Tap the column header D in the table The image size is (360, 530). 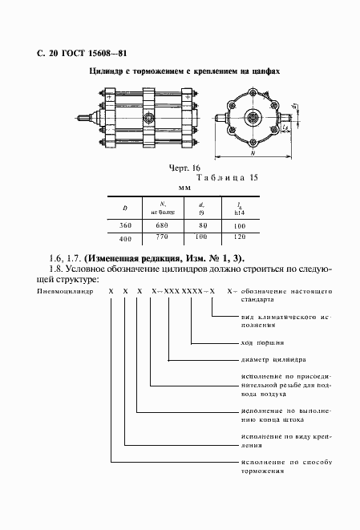[x=124, y=209]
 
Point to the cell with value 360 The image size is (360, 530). [x=124, y=227]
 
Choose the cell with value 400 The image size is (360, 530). [x=124, y=239]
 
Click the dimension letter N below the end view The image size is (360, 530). [x=253, y=152]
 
